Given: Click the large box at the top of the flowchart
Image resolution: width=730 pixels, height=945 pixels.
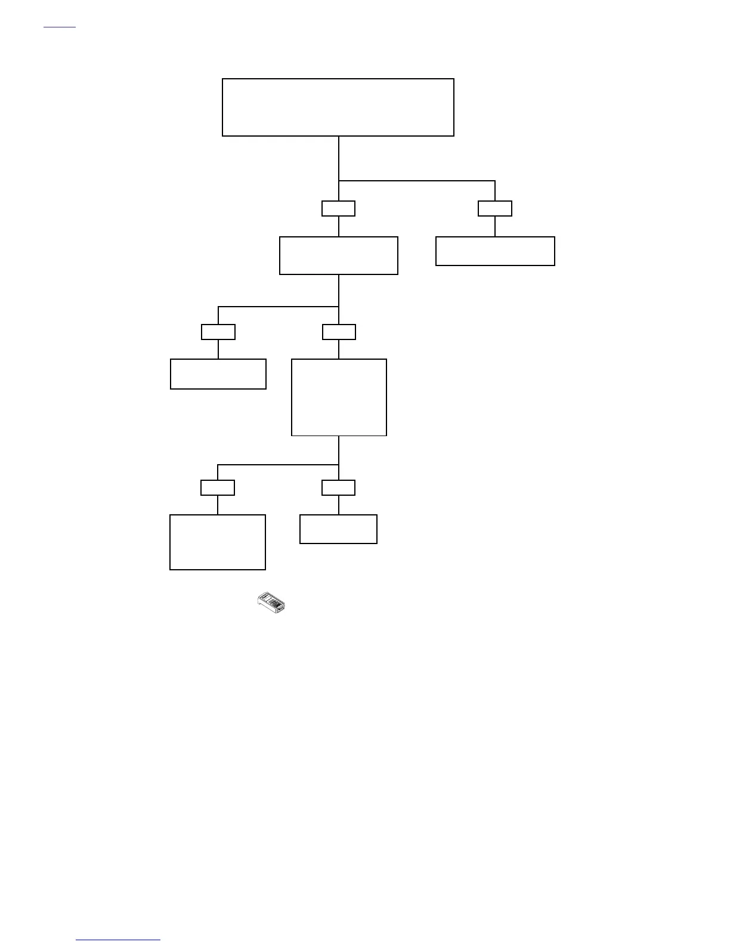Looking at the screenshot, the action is click(338, 107).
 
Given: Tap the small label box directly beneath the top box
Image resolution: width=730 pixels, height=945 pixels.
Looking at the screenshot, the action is click(338, 208).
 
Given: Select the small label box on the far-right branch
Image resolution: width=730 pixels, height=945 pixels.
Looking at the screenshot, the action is click(495, 208).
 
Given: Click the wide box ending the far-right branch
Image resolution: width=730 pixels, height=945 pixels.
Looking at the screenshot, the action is click(495, 251).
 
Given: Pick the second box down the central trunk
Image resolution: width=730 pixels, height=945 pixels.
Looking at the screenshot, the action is click(338, 255).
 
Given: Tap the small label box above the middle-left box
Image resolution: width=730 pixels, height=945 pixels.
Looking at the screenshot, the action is click(218, 332).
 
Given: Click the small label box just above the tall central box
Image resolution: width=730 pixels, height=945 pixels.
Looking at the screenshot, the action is click(339, 332).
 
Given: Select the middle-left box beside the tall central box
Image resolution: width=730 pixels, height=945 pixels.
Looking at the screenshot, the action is click(218, 374).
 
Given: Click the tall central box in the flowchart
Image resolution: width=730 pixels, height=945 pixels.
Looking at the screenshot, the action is click(339, 397).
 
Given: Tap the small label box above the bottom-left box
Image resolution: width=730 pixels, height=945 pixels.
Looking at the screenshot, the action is click(218, 487).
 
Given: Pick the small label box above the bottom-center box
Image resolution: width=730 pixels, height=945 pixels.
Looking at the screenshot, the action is click(338, 487).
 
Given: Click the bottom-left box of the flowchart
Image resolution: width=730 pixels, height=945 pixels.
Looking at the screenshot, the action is click(218, 542).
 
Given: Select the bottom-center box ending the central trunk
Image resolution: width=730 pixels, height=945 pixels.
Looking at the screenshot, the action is click(338, 529).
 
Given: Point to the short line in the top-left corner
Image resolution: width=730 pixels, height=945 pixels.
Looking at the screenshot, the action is click(60, 27).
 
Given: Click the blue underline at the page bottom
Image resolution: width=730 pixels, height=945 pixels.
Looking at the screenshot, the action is click(118, 940).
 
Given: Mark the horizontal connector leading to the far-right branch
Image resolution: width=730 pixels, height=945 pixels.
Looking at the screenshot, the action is click(417, 181).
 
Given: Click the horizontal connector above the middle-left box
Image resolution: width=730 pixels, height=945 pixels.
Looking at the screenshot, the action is click(278, 307).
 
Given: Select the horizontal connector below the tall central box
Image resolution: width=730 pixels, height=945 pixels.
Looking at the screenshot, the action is click(278, 464).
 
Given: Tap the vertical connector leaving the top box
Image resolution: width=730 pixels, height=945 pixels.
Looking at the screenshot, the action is click(339, 158).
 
